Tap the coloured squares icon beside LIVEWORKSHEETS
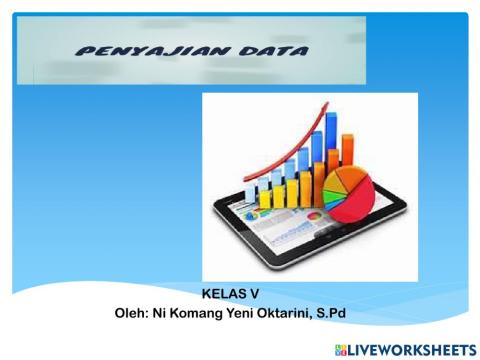pos(341,347)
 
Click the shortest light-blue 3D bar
pos(251,192)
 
